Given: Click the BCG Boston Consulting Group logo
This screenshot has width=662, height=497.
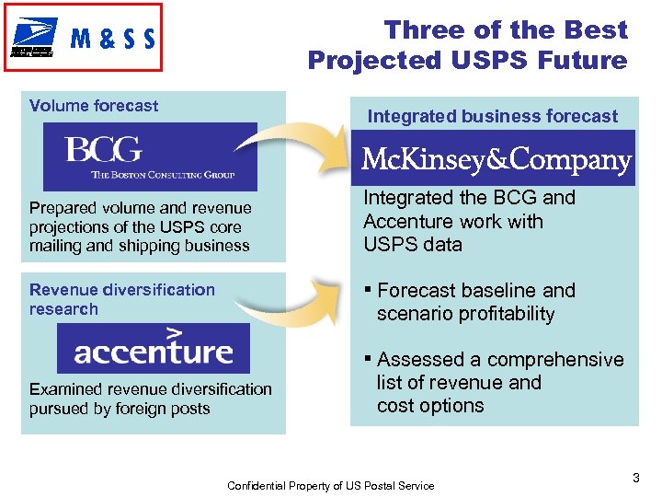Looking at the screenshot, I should click(150, 156).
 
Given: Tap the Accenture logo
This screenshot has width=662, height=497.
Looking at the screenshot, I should click(154, 348).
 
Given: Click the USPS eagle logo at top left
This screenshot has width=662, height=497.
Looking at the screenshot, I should click(34, 38).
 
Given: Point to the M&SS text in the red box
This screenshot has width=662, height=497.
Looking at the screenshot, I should click(112, 39).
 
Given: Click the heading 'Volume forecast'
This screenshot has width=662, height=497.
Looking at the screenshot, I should click(94, 106).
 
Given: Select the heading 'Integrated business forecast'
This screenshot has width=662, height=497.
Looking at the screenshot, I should click(493, 116).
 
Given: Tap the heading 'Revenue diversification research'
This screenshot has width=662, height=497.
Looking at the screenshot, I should click(121, 299).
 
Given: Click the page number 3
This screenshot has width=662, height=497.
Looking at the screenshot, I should click(635, 478).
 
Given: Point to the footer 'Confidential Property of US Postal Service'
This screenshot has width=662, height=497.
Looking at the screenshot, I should click(330, 485).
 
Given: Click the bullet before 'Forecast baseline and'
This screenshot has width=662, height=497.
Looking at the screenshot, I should click(368, 291).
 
